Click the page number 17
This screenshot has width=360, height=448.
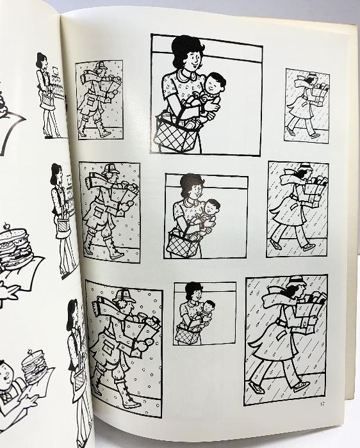point(322,404)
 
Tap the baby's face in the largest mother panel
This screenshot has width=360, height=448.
point(214,84)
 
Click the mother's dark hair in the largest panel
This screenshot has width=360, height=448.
point(186,50)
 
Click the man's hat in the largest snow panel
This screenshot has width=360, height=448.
point(125,296)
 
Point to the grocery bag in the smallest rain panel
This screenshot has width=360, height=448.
point(320,93)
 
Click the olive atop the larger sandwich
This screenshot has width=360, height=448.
point(6,227)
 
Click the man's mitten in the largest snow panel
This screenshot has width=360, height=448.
point(142,345)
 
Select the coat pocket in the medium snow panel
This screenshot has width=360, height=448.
point(99,212)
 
